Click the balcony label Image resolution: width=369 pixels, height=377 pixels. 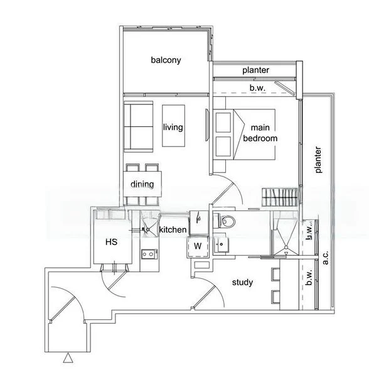(166, 60)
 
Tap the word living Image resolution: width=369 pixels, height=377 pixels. (173, 127)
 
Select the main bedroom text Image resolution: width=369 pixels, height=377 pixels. (260, 133)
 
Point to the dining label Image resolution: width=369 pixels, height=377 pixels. (142, 184)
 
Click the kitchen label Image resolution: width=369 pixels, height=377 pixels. (173, 230)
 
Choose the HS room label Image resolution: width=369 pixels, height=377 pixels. (110, 241)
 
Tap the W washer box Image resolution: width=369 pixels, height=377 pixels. (198, 245)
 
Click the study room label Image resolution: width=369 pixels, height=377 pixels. (242, 282)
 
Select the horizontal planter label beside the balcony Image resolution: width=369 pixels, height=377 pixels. (256, 70)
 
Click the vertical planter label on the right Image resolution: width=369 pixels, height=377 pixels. (318, 160)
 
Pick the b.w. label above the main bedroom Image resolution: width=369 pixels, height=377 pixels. (257, 89)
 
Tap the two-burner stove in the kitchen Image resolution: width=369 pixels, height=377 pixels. (149, 254)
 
